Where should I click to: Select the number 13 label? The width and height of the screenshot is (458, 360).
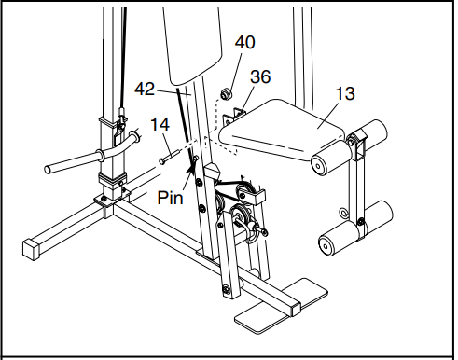346,93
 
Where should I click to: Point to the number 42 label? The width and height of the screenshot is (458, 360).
145,90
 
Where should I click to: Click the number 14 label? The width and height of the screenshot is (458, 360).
160,124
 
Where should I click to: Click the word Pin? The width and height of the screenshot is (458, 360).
171,199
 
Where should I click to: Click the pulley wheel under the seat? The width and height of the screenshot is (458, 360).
248,193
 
